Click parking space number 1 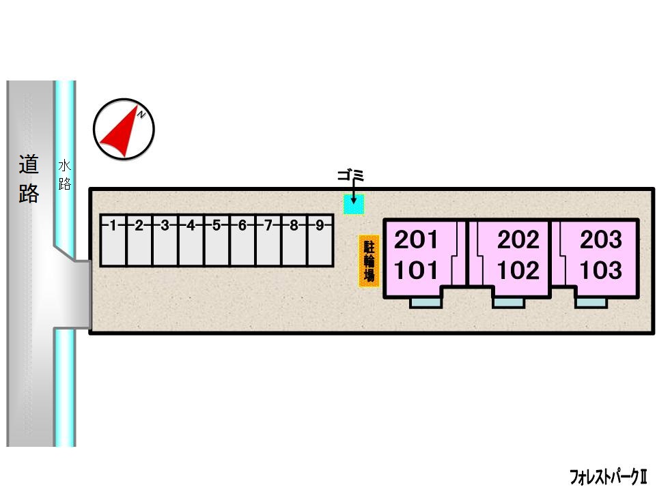(113, 241)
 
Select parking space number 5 (217, 241)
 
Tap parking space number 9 (320, 241)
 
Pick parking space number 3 (165, 241)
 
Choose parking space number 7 (268, 241)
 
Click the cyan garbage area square (354, 205)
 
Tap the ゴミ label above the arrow (350, 175)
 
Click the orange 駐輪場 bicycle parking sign (369, 261)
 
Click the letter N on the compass (142, 114)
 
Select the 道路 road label (29, 179)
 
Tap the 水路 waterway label (64, 175)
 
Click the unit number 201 (416, 239)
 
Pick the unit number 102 (518, 270)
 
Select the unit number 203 (601, 239)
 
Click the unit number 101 (416, 270)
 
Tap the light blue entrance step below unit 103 (591, 303)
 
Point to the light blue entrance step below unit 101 (425, 303)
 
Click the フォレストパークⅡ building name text (609, 477)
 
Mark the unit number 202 (518, 239)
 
